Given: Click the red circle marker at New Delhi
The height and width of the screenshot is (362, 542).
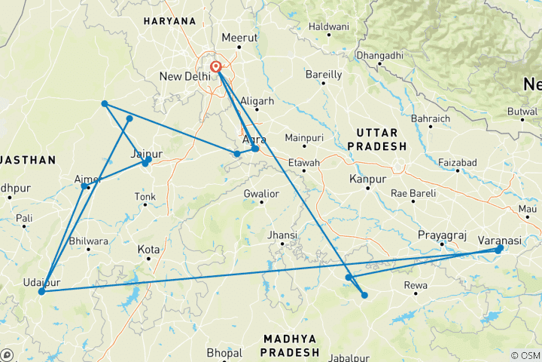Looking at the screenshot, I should tap(216, 66).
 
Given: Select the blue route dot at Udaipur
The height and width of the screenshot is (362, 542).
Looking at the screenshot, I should tap(41, 291).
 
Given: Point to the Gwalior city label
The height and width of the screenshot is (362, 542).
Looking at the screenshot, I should tap(261, 194).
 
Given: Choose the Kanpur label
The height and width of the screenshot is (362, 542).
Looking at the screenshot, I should tap(368, 179).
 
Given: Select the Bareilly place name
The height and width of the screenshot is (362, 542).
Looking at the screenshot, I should tap(324, 75).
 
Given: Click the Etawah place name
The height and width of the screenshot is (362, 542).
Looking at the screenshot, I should tap(304, 163).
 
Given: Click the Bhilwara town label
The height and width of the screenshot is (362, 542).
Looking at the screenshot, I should tap(89, 241).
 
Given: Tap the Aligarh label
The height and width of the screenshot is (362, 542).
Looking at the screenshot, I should tap(257, 101).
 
